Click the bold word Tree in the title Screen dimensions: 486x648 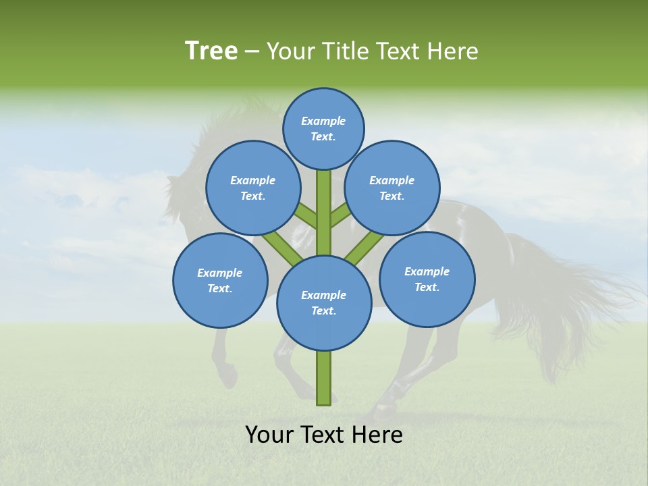pyautogui.click(x=211, y=51)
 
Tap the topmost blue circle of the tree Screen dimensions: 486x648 pyautogui.click(x=323, y=128)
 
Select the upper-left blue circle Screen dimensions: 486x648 pyautogui.click(x=252, y=188)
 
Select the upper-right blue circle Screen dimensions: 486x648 pyautogui.click(x=391, y=188)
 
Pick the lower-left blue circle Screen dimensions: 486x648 pyautogui.click(x=220, y=280)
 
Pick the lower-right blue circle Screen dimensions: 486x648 pyautogui.click(x=427, y=279)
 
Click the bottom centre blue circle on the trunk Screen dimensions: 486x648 pyautogui.click(x=323, y=302)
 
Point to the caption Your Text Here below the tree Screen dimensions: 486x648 pyautogui.click(x=323, y=434)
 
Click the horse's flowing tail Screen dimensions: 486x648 pyautogui.click(x=574, y=297)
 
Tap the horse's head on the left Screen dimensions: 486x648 pyautogui.click(x=179, y=196)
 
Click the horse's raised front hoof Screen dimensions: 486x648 pyautogui.click(x=230, y=378)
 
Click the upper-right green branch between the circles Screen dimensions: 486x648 pyautogui.click(x=340, y=216)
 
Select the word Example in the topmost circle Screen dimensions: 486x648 pyautogui.click(x=323, y=121)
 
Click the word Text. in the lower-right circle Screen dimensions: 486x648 pyautogui.click(x=427, y=287)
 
